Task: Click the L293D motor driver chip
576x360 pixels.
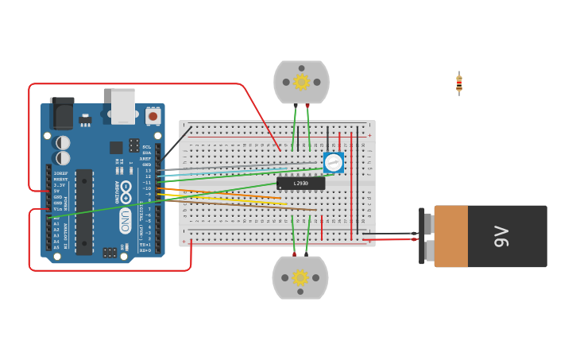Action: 301,184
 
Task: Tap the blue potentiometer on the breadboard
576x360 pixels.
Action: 334,162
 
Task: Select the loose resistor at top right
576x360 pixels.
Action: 459,83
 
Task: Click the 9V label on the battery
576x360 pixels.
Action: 501,236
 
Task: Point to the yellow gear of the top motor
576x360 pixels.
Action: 301,82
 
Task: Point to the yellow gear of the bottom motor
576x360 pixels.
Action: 300,277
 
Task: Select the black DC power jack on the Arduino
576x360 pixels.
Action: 62,114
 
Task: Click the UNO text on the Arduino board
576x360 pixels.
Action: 126,220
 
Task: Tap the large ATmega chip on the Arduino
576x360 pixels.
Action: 83,211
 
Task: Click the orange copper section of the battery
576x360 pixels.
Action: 450,236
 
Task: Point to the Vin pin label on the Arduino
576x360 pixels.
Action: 58,209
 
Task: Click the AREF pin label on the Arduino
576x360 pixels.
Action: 145,159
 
